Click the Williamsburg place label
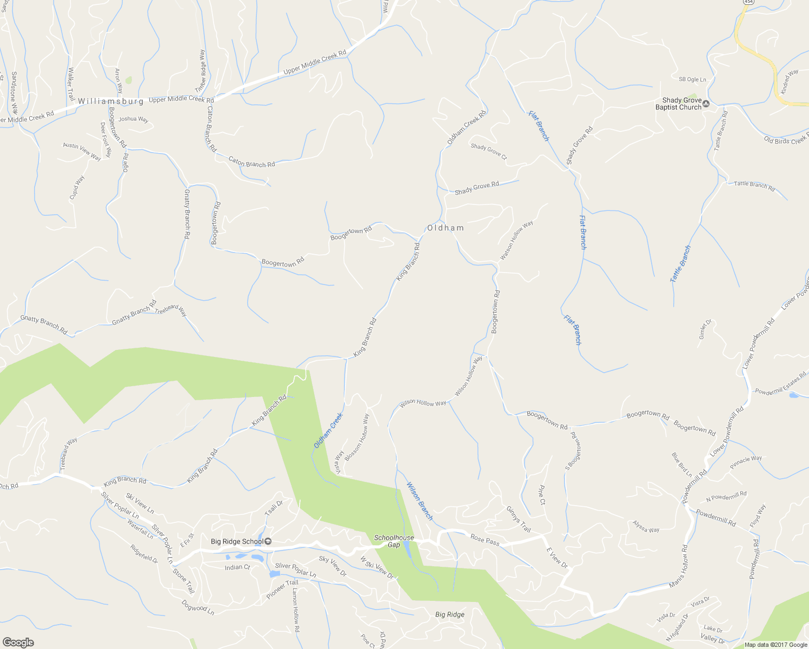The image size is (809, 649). click(x=111, y=101)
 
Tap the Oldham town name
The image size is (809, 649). click(x=446, y=228)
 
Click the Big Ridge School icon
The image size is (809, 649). click(x=268, y=541)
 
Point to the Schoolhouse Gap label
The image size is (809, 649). click(x=394, y=541)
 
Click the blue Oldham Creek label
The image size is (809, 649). click(x=328, y=431)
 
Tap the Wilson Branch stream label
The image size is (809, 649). click(x=420, y=501)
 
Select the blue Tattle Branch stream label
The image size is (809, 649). click(x=680, y=264)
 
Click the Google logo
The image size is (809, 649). click(x=18, y=642)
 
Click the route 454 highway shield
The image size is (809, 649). click(x=748, y=2)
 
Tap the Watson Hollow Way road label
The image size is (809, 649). click(x=516, y=240)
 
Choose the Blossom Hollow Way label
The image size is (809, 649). click(x=357, y=437)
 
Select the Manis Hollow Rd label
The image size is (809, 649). click(x=678, y=566)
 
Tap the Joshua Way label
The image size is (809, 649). click(x=134, y=119)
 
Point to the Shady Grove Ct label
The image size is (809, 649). click(x=489, y=151)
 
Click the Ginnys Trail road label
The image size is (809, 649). click(x=519, y=519)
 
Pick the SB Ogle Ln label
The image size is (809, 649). click(x=692, y=80)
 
